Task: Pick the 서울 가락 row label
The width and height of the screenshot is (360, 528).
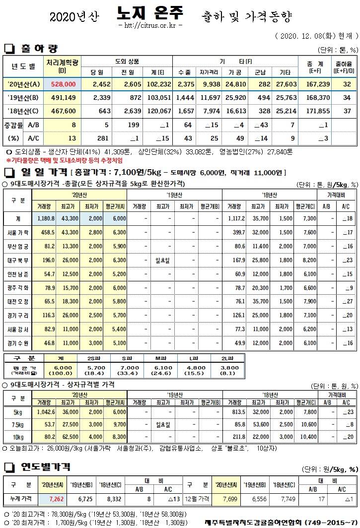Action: [19, 232]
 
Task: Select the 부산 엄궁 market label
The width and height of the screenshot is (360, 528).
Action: [19, 246]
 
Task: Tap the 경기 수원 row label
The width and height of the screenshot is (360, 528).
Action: [19, 343]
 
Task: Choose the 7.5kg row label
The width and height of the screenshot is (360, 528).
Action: [18, 424]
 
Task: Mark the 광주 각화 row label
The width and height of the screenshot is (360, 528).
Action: [19, 287]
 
